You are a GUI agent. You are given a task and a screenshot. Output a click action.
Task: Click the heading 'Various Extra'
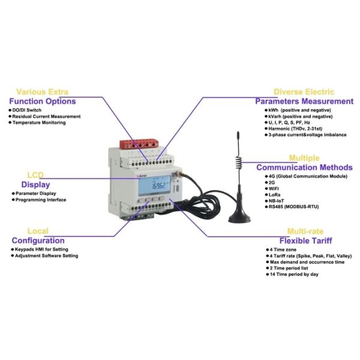point(41,92)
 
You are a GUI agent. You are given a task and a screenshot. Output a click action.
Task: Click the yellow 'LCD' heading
point(35,175)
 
